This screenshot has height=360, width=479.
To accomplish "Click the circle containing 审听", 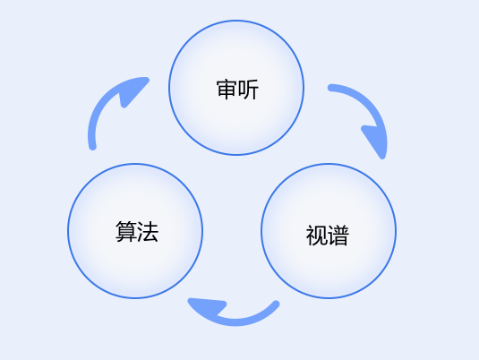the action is click(x=236, y=88).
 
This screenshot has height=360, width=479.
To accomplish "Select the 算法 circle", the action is click(x=135, y=231).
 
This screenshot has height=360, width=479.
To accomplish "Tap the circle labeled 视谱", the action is click(x=329, y=231).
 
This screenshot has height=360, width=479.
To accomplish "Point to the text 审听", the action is click(x=237, y=90).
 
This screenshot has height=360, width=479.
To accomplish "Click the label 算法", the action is click(x=137, y=232).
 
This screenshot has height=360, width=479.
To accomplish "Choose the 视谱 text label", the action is click(x=327, y=236).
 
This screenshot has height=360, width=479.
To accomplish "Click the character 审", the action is click(x=227, y=90).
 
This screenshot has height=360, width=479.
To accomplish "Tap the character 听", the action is click(x=248, y=90).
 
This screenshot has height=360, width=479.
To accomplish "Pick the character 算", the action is click(x=126, y=232).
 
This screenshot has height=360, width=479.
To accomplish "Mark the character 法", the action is click(x=148, y=232).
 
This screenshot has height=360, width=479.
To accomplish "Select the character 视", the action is click(x=316, y=236).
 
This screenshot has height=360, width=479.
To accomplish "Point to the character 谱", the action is click(x=338, y=236).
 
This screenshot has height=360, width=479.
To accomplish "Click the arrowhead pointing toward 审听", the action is click(x=133, y=90).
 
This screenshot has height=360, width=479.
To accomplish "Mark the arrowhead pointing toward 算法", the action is click(x=206, y=305).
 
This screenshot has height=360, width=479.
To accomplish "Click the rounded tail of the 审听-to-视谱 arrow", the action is click(x=331, y=88).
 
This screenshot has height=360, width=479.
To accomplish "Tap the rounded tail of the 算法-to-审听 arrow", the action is click(x=92, y=147).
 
